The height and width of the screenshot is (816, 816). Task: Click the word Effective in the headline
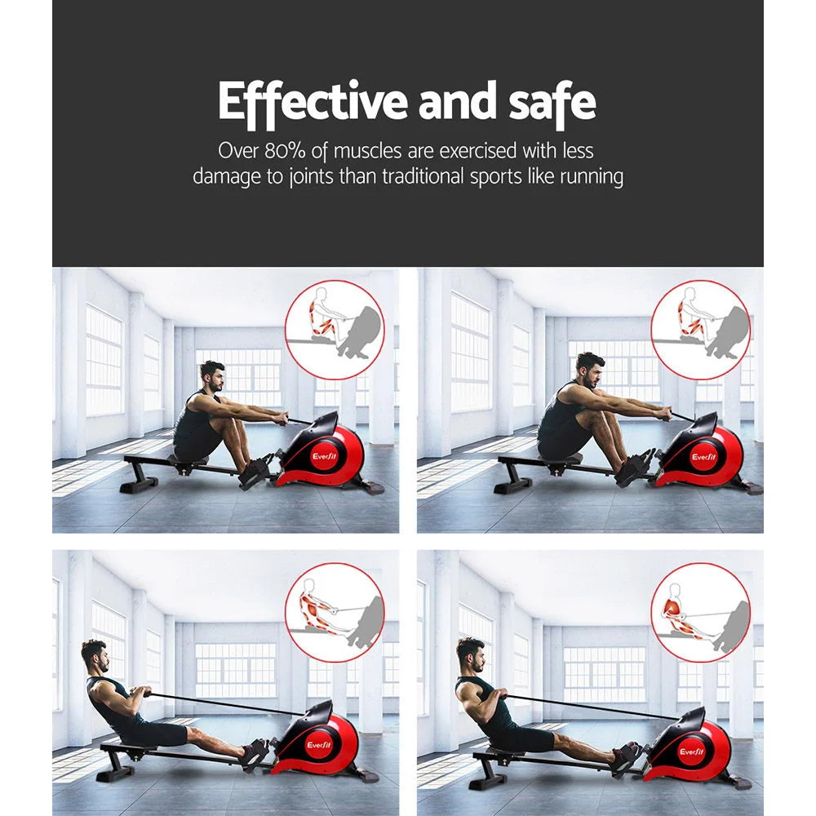[x=313, y=102]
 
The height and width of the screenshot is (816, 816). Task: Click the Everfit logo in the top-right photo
[x=703, y=458]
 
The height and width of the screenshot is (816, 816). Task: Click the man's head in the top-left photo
[x=212, y=377]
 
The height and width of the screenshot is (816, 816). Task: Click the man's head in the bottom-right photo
[x=470, y=654]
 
